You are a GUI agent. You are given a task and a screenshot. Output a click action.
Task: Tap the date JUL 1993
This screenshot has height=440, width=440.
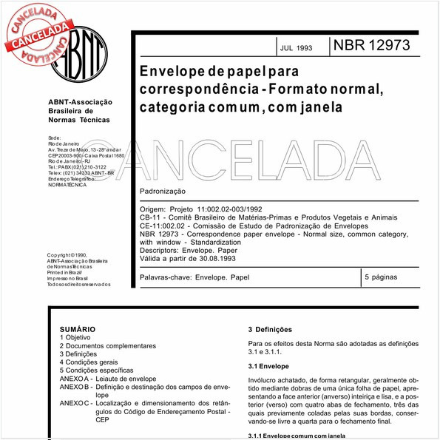coord(296,48)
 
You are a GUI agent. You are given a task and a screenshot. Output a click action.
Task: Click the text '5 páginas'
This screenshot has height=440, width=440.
coord(382,277)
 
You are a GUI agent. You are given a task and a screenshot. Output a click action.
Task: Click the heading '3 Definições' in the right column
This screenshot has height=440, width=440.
coord(271,329)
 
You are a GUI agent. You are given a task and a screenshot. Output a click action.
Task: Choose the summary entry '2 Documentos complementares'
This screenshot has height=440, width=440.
coord(108,345)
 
